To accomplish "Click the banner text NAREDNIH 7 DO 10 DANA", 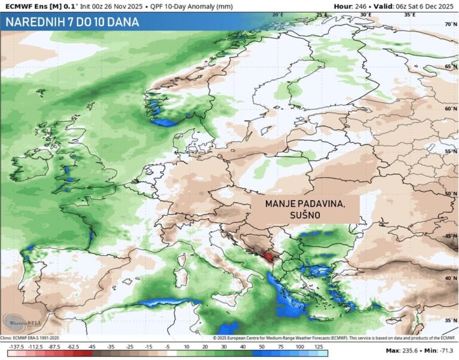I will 72,22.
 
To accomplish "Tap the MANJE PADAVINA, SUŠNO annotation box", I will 305,210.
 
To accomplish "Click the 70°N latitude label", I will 450,25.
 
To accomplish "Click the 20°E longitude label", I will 277,14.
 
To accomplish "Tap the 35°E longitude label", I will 409,14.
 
